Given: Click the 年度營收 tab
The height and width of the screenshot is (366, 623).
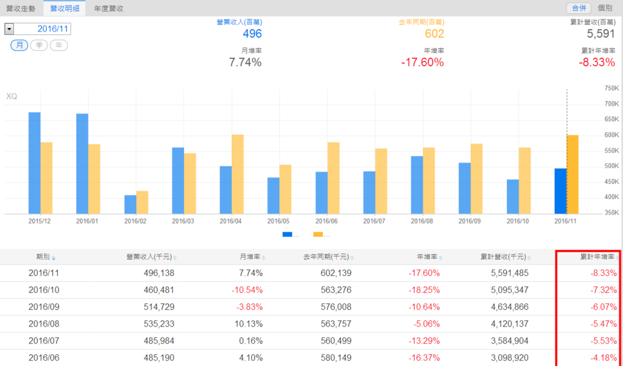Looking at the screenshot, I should [109, 9].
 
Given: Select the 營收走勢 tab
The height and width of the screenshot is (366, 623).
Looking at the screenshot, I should [21, 9].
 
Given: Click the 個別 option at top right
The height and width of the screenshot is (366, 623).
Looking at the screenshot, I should [605, 9].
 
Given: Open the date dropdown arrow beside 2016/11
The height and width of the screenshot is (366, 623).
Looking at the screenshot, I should [9, 29].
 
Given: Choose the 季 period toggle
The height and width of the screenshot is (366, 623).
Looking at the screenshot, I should [39, 46].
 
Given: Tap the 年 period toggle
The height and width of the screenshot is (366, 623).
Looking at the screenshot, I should [58, 46].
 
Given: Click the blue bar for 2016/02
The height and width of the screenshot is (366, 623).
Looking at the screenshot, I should [130, 204].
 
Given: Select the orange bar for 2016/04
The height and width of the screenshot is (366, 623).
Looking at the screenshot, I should [237, 174].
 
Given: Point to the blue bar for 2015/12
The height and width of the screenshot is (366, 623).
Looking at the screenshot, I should [35, 163].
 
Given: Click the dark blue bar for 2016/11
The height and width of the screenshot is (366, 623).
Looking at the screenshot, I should [560, 191].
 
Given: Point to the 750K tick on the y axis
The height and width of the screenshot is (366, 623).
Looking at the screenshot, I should [611, 88].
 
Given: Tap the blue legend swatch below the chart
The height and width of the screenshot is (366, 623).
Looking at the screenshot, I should [287, 235].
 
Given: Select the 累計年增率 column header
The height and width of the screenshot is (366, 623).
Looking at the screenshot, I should [596, 257].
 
